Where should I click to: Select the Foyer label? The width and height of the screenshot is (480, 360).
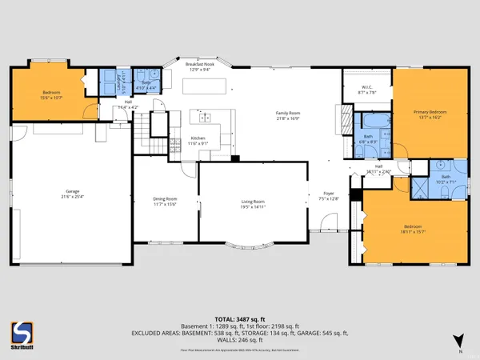coord(327,194)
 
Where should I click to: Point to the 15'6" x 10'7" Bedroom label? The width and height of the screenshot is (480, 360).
coord(52,95)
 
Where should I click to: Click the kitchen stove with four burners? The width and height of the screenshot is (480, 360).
coord(175,146)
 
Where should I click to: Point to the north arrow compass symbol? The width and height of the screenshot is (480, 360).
coord(458,340)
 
